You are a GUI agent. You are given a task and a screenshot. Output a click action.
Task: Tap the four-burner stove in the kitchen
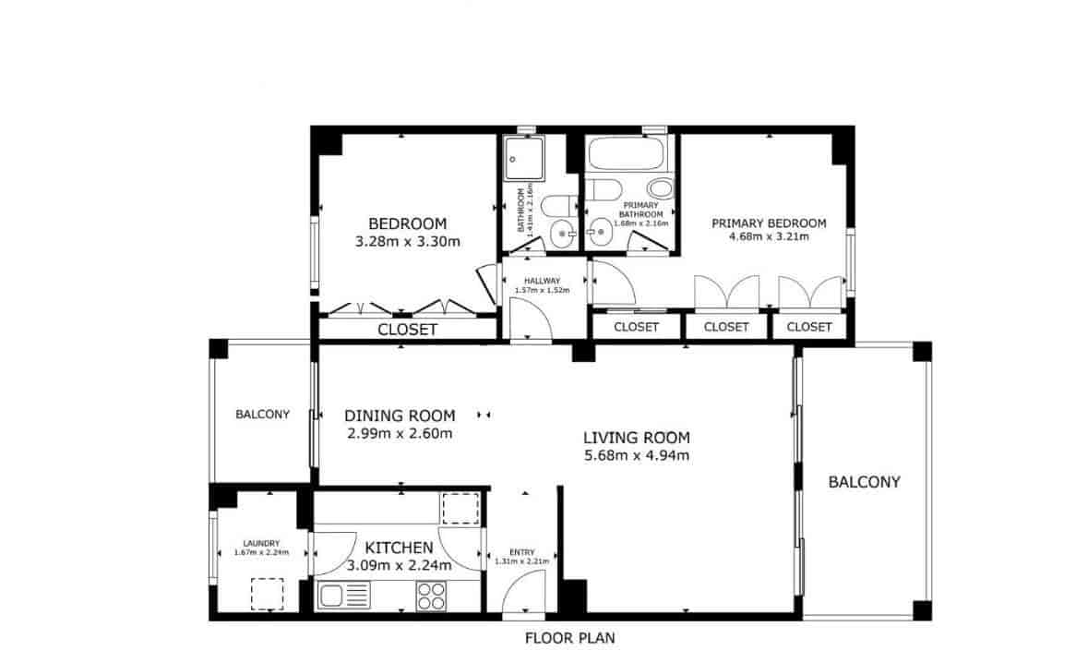431,596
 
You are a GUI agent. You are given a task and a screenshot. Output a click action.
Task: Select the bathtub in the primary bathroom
630,152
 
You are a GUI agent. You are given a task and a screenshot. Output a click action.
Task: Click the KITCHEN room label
398,547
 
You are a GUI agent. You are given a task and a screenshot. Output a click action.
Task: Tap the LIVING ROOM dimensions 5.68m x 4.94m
636,455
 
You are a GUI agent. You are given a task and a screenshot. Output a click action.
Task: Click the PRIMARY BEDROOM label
768,223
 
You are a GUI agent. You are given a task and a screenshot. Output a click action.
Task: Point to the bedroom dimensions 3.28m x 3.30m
407,242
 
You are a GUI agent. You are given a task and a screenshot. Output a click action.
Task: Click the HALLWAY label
542,280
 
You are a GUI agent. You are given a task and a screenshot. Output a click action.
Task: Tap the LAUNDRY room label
261,543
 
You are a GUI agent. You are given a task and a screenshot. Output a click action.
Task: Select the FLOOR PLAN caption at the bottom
569,637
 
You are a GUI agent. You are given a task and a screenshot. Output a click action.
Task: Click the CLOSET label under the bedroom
407,330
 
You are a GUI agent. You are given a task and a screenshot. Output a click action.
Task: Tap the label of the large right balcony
864,481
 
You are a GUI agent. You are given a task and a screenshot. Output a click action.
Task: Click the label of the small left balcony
262,415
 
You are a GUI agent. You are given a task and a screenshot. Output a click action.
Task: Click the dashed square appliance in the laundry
268,594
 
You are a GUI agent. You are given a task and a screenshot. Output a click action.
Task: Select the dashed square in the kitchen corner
458,509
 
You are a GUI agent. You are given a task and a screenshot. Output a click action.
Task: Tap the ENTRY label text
521,552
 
